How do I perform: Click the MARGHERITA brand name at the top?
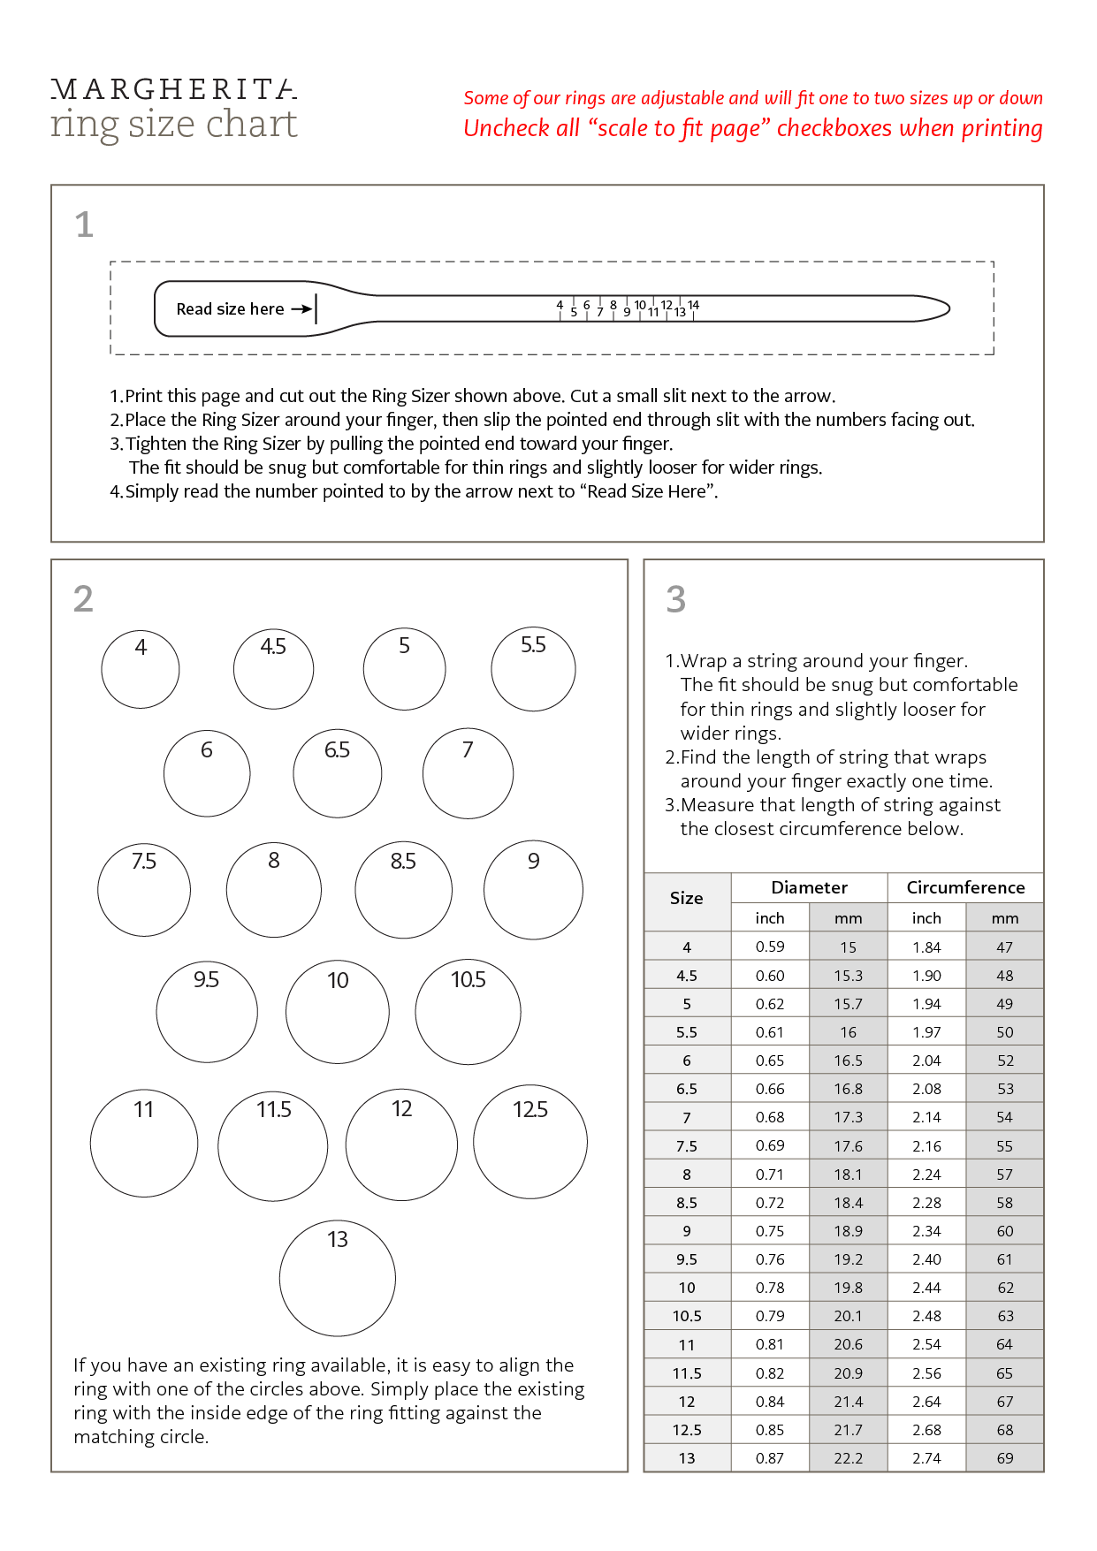[x=173, y=89]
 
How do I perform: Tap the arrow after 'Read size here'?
[x=301, y=309]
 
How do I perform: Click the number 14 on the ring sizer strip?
[x=694, y=305]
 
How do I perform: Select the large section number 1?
[x=84, y=224]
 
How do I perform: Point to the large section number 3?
[x=676, y=599]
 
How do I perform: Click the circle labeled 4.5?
[x=273, y=669]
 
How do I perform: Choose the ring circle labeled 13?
[x=337, y=1278]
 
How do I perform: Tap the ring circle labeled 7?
[x=468, y=773]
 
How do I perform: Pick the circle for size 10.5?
[x=468, y=1012]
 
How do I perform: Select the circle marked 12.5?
[x=530, y=1142]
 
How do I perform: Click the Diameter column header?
[x=809, y=887]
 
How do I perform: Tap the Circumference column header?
[x=965, y=887]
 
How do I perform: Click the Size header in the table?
[x=687, y=899]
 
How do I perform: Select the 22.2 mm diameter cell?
[x=848, y=1458]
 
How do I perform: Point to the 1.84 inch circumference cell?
[x=926, y=947]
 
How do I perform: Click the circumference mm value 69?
[x=1005, y=1458]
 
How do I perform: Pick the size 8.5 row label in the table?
[x=687, y=1203]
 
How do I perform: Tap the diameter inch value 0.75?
[x=770, y=1231]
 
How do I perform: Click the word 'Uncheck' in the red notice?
[x=507, y=128]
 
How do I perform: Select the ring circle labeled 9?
[x=533, y=889]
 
